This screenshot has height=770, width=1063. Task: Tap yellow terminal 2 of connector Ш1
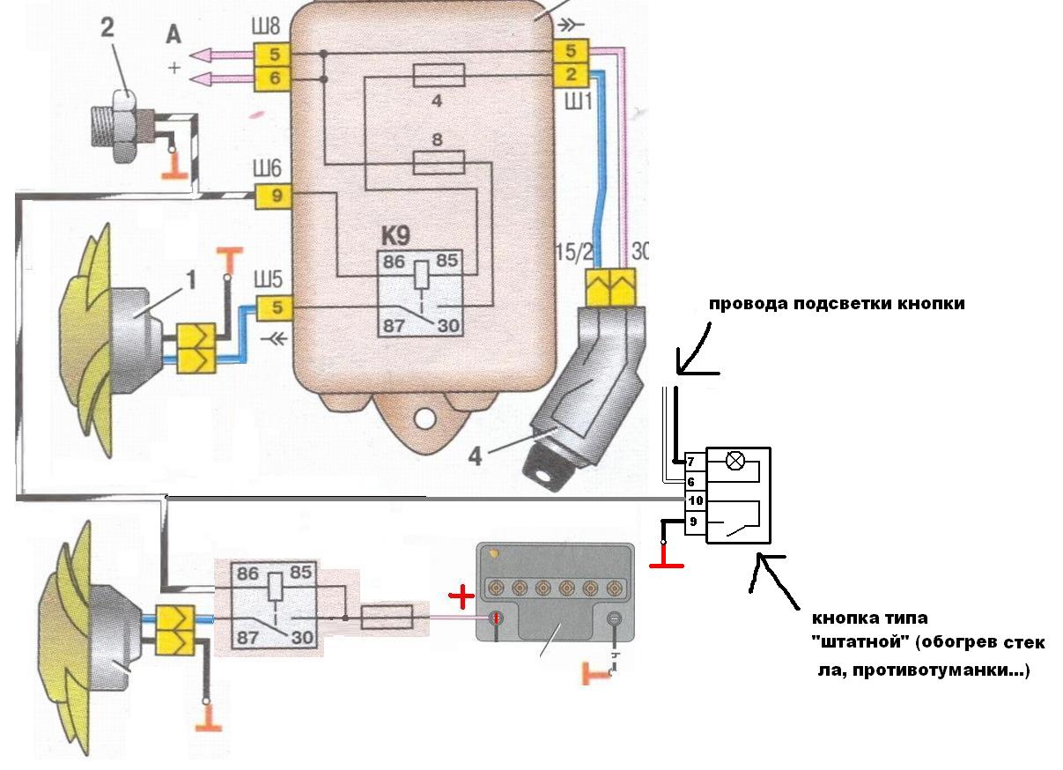571,75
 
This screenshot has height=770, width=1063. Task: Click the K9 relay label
395,235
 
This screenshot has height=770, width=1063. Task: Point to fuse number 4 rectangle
439,76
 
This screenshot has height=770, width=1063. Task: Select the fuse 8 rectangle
439,163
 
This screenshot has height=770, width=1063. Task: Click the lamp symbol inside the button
735,461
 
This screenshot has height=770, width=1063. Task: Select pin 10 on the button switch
695,500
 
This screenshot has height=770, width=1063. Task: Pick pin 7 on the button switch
691,461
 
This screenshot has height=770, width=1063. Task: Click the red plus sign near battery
461,597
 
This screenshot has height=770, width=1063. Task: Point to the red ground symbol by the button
667,560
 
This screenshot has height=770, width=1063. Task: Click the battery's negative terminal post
614,618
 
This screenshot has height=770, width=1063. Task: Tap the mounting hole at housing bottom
424,419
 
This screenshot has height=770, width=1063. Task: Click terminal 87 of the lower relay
247,638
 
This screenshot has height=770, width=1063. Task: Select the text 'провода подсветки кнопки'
837,303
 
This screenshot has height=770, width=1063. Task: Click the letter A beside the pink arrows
173,35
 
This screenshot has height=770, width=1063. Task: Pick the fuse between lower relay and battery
388,617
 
